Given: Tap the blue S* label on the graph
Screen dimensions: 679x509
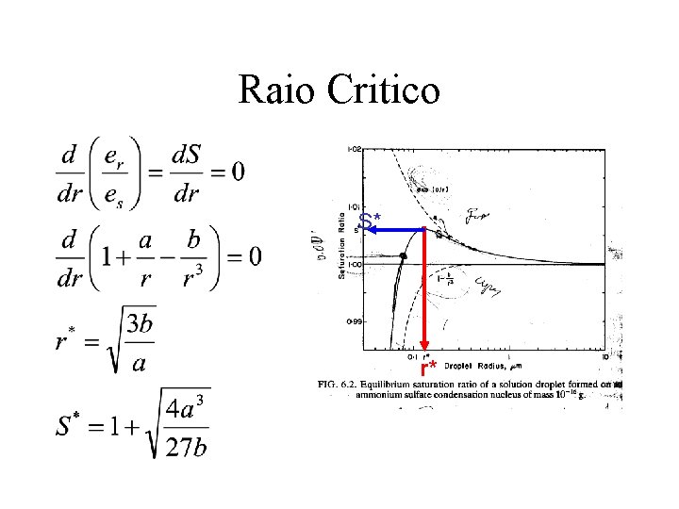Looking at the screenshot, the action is click(x=371, y=222).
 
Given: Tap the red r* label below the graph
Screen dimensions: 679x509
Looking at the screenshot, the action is click(x=430, y=367).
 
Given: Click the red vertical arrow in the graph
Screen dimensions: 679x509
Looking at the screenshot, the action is click(x=425, y=292).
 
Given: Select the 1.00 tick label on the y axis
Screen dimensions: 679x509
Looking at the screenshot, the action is click(x=355, y=265).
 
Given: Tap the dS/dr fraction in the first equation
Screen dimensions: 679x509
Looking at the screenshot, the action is click(x=186, y=172).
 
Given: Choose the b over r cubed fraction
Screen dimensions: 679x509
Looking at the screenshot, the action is click(x=192, y=257).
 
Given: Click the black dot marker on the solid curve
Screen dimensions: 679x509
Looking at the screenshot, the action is click(x=403, y=256).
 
